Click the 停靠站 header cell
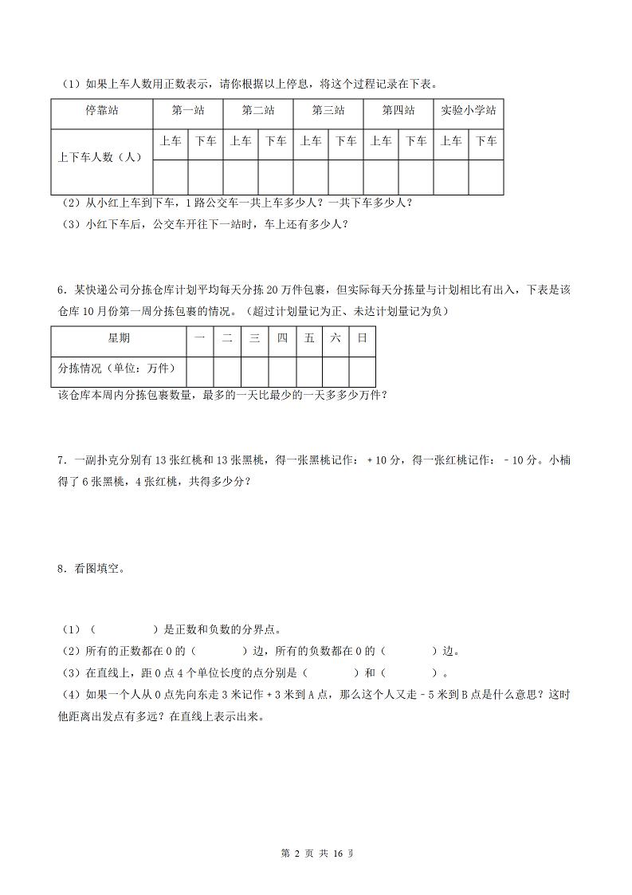tap(101, 111)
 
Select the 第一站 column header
tap(188, 111)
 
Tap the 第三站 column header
tap(328, 111)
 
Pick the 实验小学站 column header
tap(469, 111)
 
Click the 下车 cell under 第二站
tap(276, 141)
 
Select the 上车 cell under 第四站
tap(381, 141)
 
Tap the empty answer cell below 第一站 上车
tap(171, 177)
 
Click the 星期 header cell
tap(119, 338)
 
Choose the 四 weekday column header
tap(281, 338)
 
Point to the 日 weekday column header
tap(362, 338)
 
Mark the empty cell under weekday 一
tap(200, 370)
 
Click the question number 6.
tap(61, 290)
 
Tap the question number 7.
tap(61, 460)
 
